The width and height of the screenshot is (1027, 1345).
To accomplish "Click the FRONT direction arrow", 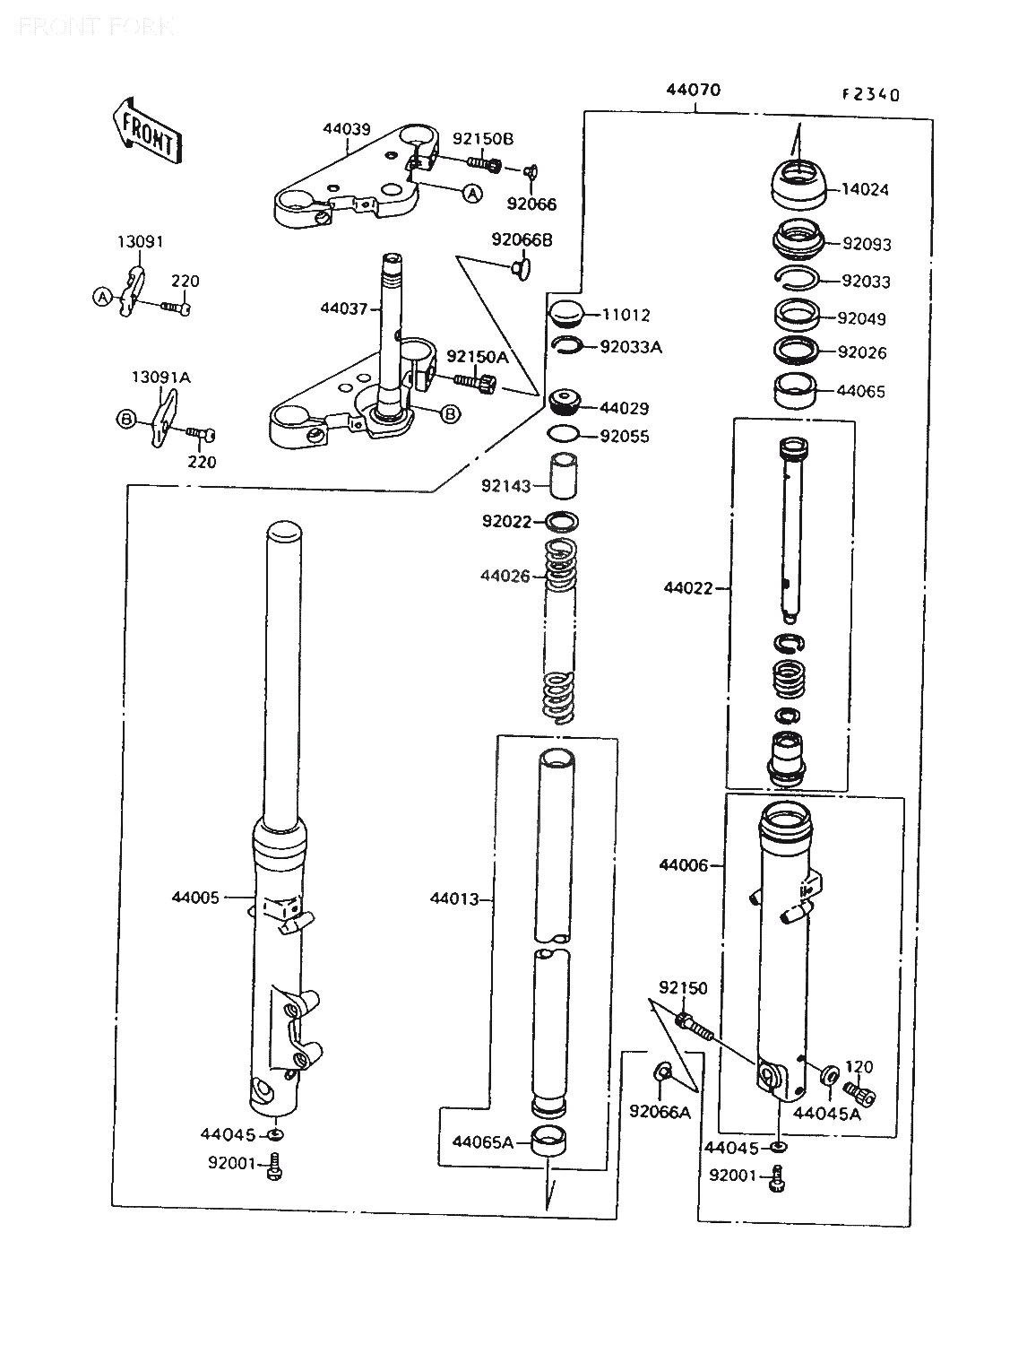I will coord(145,130).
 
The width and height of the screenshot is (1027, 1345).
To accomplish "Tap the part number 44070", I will coord(693,91).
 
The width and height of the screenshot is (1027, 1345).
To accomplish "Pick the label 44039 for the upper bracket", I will coord(347,129).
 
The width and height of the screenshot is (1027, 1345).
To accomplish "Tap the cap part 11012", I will coord(566,314).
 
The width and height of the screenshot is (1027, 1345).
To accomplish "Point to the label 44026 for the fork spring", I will coord(505,576).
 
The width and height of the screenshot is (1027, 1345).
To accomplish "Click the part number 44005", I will coord(195,896).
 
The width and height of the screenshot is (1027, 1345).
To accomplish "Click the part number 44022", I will coord(688,588).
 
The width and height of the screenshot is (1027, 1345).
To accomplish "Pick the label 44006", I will coord(684,865).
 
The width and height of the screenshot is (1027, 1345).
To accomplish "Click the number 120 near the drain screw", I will coord(859,1067).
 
